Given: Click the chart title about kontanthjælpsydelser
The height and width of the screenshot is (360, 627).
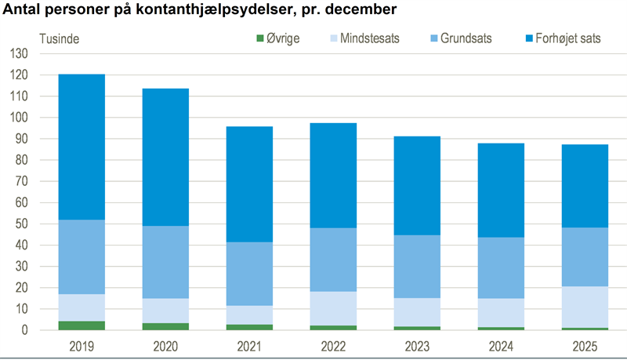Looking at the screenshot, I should pyautogui.click(x=200, y=11).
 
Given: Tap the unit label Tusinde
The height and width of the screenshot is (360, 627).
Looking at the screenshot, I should pyautogui.click(x=60, y=38).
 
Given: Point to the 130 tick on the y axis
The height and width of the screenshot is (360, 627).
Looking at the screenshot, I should pyautogui.click(x=18, y=54).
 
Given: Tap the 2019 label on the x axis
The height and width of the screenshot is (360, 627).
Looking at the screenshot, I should pyautogui.click(x=82, y=345).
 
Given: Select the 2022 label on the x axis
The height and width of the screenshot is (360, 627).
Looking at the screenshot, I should pyautogui.click(x=333, y=345).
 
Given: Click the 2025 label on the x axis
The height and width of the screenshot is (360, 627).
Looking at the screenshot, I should pyautogui.click(x=585, y=345).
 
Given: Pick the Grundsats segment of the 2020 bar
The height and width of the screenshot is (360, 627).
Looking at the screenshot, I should pyautogui.click(x=165, y=262).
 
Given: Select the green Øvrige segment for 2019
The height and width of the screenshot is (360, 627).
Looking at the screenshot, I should pyautogui.click(x=82, y=325).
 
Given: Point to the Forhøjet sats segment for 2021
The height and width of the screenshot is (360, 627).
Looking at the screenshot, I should pyautogui.click(x=249, y=184).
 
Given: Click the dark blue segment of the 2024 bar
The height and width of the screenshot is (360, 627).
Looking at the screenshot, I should pyautogui.click(x=501, y=191).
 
